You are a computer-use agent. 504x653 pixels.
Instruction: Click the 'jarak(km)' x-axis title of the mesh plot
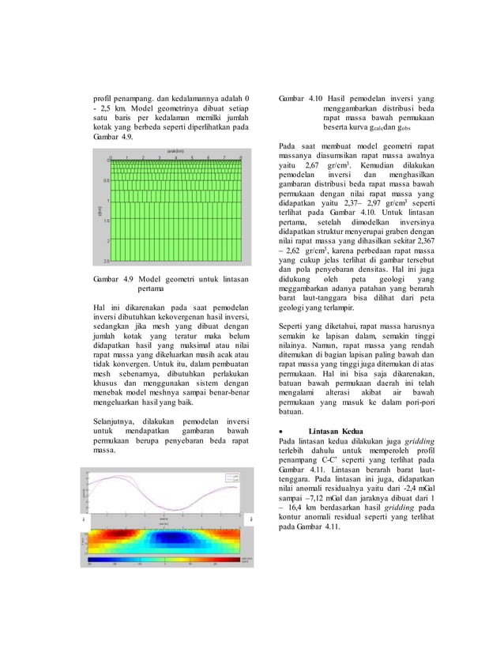[175, 149]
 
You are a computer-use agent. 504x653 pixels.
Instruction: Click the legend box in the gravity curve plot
[232, 477]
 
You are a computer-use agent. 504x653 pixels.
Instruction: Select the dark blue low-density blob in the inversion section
[173, 541]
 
